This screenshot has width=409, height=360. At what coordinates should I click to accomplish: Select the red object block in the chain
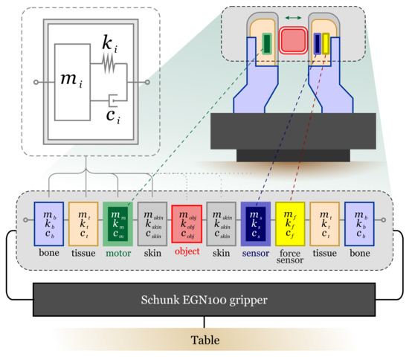[185, 225]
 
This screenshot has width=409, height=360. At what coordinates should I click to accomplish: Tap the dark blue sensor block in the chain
[254, 225]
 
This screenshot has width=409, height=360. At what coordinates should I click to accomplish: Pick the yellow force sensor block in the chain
[289, 225]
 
